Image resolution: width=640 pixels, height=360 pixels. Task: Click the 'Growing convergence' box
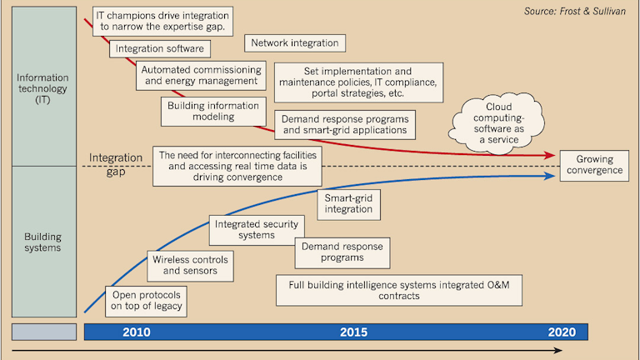tap(595, 165)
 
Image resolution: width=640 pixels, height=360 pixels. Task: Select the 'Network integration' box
tap(295, 43)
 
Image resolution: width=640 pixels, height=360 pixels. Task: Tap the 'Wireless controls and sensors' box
tap(189, 265)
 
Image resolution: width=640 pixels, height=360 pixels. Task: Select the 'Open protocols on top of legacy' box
tap(146, 302)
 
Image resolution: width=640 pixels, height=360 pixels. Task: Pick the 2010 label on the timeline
tap(136, 332)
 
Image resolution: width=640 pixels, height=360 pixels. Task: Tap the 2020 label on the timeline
tap(562, 332)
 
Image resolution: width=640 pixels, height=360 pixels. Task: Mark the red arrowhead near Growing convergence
tap(551, 156)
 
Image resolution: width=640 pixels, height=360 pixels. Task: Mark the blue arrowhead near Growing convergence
tap(551, 175)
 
